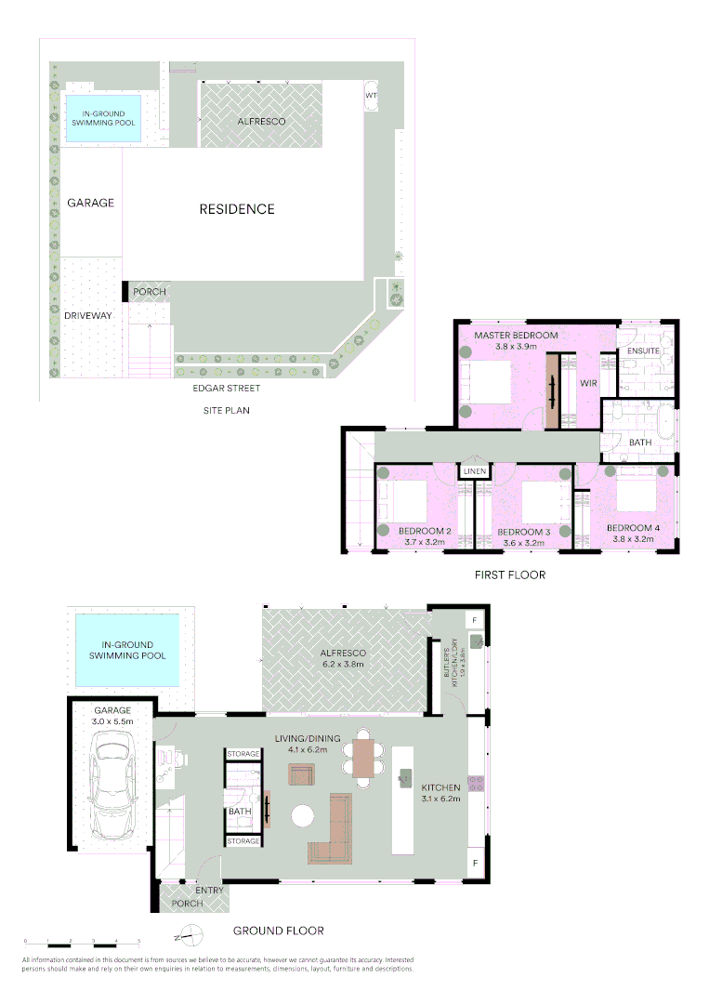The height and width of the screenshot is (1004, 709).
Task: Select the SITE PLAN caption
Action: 226,410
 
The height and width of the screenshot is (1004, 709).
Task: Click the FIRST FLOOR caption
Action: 509,575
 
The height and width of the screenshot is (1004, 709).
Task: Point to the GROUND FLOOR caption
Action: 278,931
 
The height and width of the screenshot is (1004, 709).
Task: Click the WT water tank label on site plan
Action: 371,96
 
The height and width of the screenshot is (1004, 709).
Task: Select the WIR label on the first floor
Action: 587,382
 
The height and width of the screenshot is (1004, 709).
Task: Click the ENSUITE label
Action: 644,352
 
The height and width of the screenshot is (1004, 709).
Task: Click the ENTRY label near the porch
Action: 209,890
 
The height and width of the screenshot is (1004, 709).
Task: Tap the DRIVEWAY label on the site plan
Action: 88,316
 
